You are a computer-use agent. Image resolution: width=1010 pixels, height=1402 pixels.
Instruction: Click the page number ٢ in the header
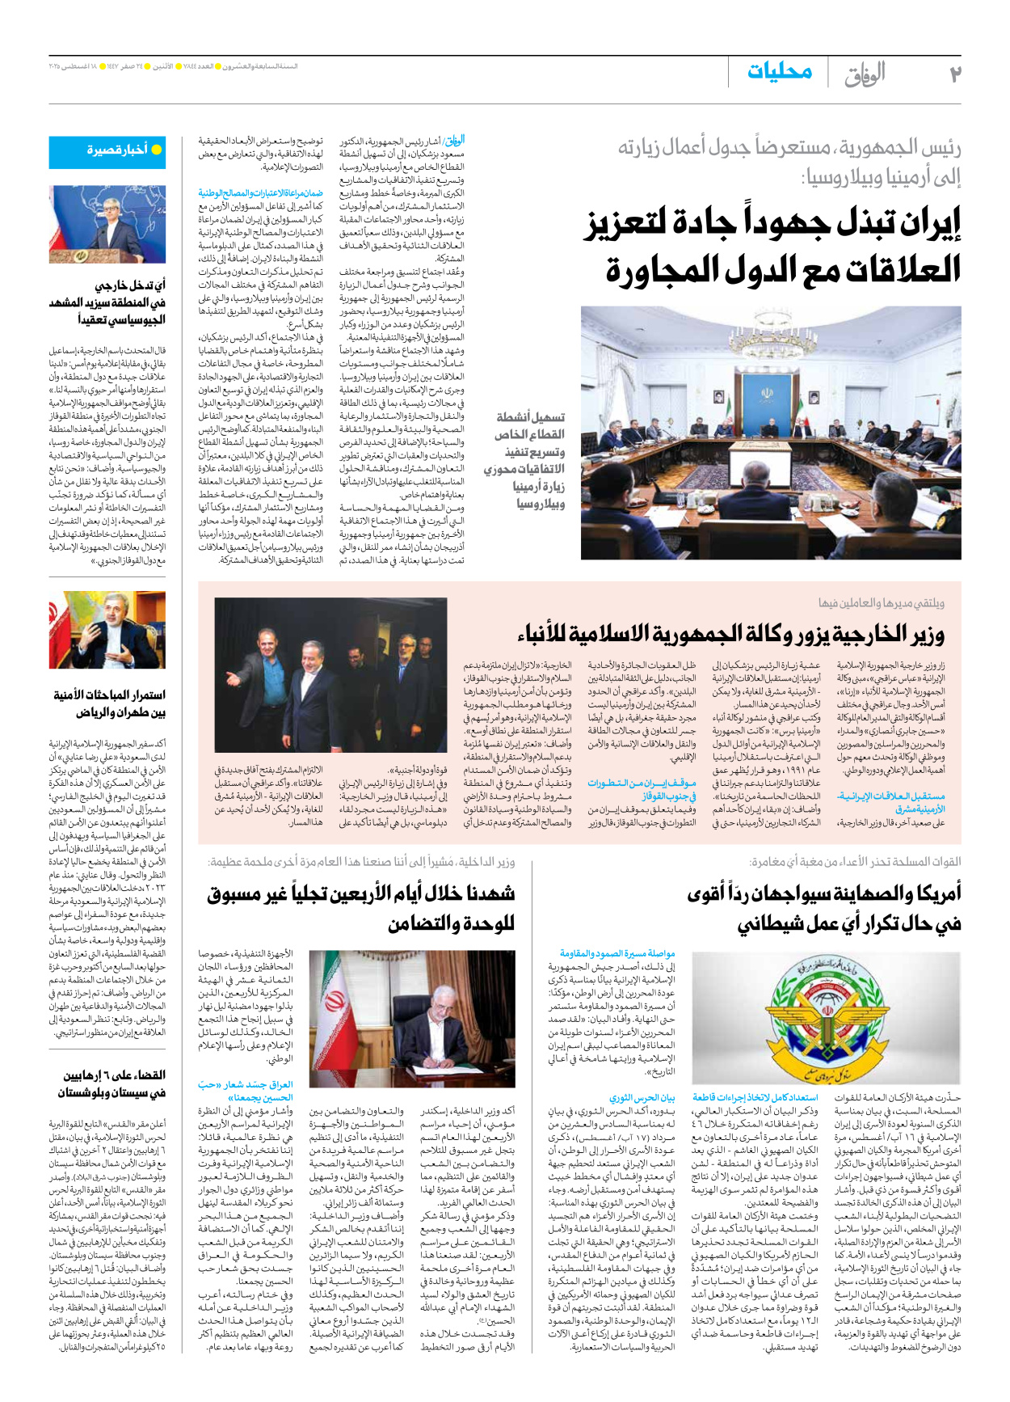coord(954,74)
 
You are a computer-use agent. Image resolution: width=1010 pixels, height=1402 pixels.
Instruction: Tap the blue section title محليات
coord(779,72)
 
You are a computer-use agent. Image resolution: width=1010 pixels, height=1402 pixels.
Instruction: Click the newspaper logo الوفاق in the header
coord(865,74)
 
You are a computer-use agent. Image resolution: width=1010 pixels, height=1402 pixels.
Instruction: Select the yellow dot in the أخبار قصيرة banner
coord(157,150)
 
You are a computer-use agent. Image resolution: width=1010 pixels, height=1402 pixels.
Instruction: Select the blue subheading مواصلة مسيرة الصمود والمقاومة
coord(618,953)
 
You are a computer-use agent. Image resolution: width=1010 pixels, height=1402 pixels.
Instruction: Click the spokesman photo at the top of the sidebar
coord(107,225)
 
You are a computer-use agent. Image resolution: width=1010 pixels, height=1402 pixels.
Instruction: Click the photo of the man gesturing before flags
coord(107,630)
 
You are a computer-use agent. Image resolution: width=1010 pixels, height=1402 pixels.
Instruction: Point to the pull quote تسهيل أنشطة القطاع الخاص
coord(524,460)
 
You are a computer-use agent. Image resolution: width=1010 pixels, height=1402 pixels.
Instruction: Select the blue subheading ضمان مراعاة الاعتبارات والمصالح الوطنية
coord(261,193)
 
